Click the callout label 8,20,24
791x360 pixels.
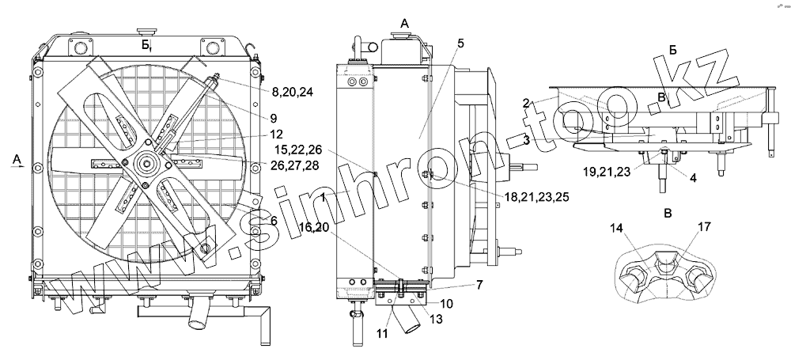point(292,93)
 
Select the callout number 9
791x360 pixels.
point(274,118)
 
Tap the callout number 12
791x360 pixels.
point(276,135)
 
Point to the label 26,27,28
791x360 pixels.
point(294,165)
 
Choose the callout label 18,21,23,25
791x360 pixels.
point(537,197)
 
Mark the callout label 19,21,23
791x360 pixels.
point(607,172)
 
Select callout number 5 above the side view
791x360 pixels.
point(460,44)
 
